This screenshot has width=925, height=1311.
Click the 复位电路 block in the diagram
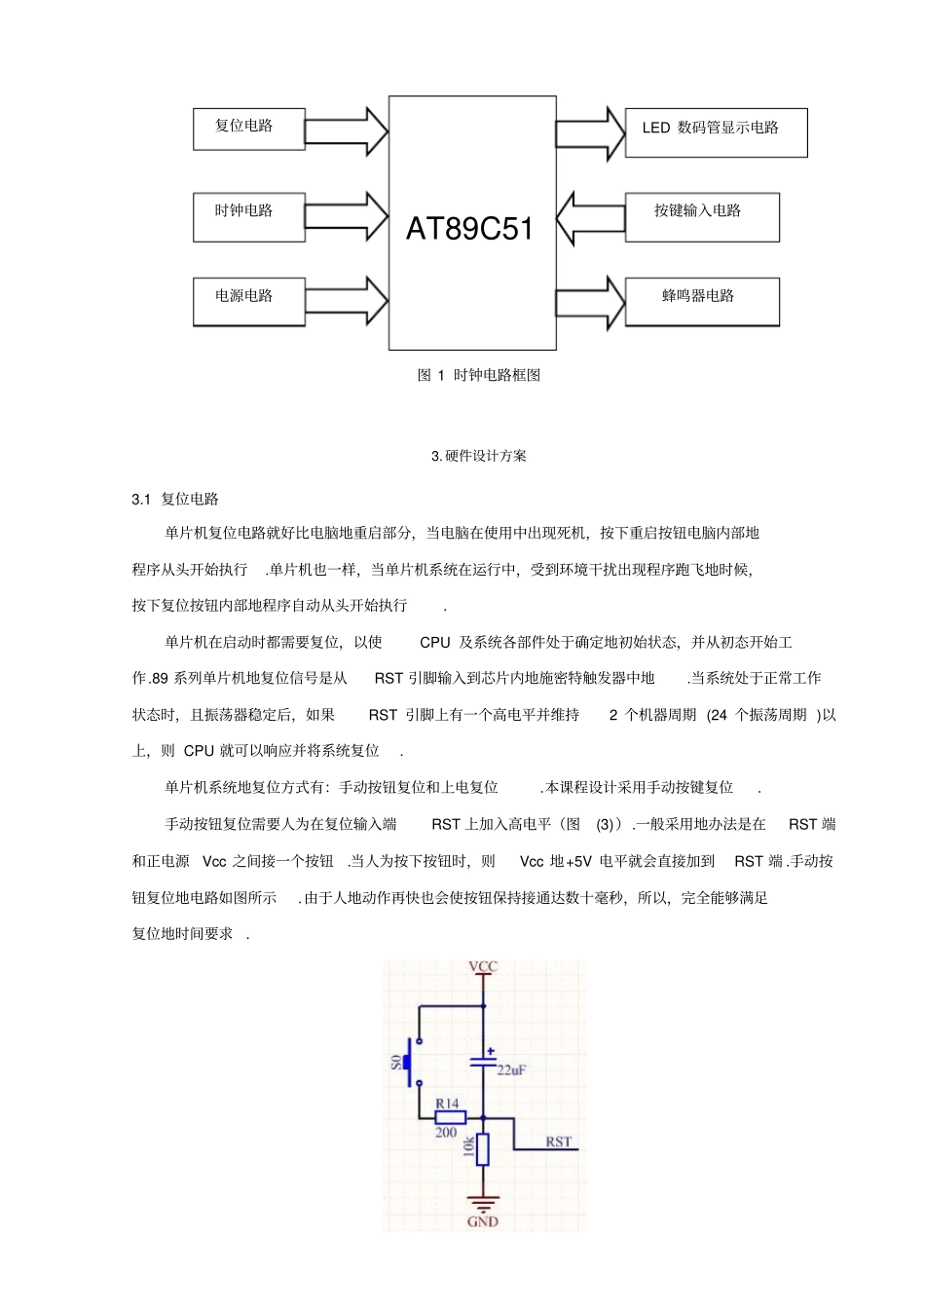248,129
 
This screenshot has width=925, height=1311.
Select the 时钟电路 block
248,216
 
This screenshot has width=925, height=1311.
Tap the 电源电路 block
248,301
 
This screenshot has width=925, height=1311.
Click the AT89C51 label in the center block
470,229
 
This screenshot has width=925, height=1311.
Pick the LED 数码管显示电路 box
716,132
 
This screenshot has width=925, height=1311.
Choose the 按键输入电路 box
701,216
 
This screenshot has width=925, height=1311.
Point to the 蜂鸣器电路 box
701,301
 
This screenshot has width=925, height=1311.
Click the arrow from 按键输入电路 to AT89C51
590,217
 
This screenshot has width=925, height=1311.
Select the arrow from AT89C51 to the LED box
590,133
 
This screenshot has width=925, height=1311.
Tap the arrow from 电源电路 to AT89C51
347,301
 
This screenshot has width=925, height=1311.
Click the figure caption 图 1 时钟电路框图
478,375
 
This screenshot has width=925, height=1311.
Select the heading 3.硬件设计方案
478,456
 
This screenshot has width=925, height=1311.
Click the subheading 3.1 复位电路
175,500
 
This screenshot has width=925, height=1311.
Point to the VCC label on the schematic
483,967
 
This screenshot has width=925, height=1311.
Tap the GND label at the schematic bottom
483,1221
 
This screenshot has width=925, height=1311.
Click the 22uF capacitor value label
511,1069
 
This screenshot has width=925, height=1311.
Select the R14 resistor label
447,1104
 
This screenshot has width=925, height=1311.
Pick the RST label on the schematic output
558,1142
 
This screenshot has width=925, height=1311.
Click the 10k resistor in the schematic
482,1149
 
